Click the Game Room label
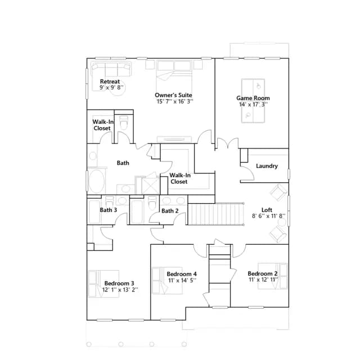pyautogui.click(x=253, y=98)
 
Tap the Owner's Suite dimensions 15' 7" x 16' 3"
pyautogui.click(x=175, y=101)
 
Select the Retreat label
pyautogui.click(x=110, y=82)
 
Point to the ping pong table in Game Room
pyautogui.click(x=253, y=101)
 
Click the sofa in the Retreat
pyautogui.click(x=111, y=69)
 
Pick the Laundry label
pyautogui.click(x=267, y=166)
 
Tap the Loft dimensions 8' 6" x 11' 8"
pyautogui.click(x=268, y=216)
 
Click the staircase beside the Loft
pyautogui.click(x=216, y=214)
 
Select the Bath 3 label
pyautogui.click(x=109, y=210)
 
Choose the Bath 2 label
pyautogui.click(x=170, y=211)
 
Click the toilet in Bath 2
pyautogui.click(x=152, y=202)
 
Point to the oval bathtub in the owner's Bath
pyautogui.click(x=97, y=181)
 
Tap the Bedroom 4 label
pyautogui.click(x=182, y=274)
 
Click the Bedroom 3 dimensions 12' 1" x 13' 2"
pyautogui.click(x=120, y=290)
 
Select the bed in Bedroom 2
pyautogui.click(x=272, y=276)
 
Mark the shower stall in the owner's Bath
pyautogui.click(x=150, y=186)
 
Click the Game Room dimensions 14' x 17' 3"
pyautogui.click(x=254, y=105)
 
